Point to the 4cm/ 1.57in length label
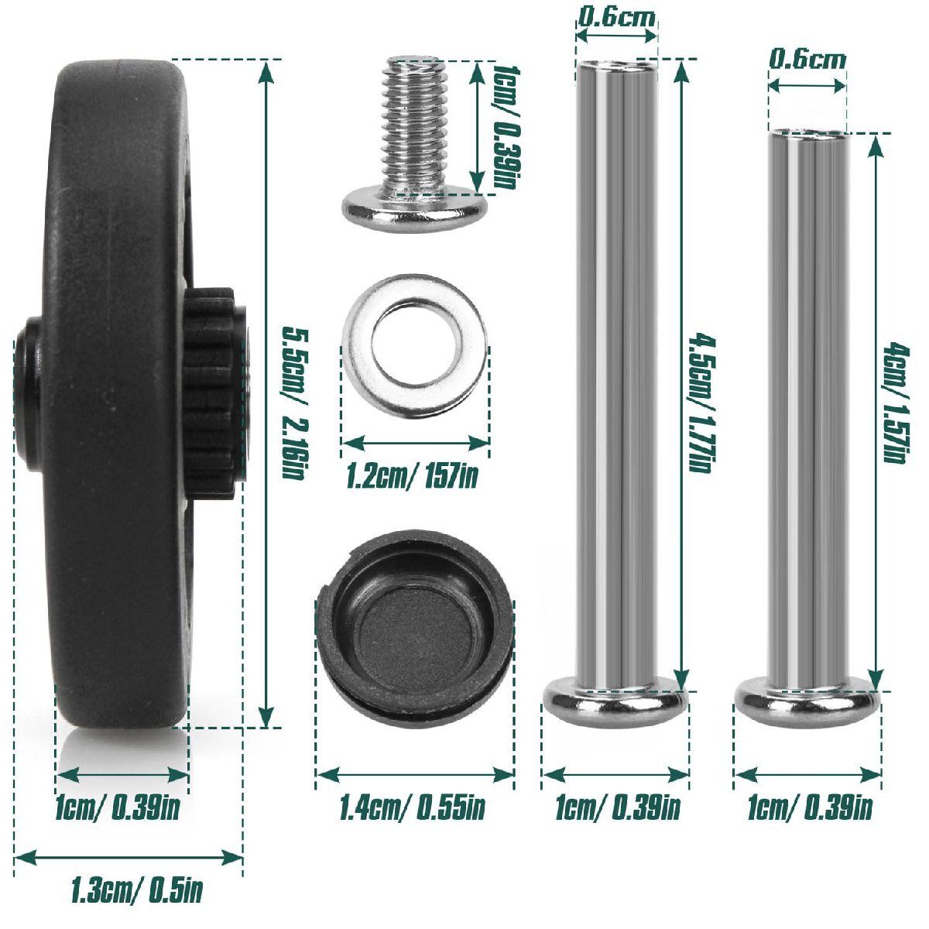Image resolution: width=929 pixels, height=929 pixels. click(896, 402)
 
